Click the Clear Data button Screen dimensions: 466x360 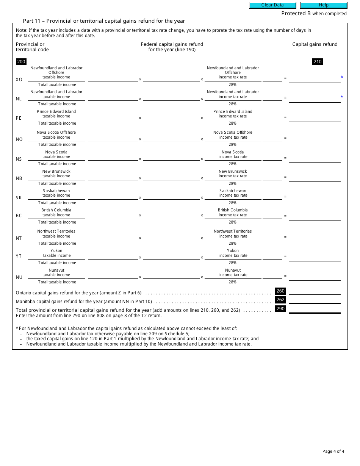point(272,5)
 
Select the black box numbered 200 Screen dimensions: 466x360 point(21,62)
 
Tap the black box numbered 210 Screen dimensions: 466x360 point(318,62)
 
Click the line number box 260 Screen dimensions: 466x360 point(280,291)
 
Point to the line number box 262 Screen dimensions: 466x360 point(280,300)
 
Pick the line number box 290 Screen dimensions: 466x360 point(280,309)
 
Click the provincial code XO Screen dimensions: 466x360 point(19,80)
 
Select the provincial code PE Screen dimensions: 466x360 point(19,118)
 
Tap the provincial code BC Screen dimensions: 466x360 point(19,216)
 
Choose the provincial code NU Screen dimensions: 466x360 point(19,277)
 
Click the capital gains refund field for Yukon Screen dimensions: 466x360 point(315,257)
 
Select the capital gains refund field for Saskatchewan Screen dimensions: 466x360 point(315,197)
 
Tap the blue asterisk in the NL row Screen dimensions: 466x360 point(342,97)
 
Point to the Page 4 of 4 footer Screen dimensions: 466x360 point(333,451)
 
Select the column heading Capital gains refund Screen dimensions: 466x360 point(315,44)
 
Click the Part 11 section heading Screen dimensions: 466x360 point(104,21)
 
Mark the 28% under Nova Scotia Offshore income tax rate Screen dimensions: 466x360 point(233,144)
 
